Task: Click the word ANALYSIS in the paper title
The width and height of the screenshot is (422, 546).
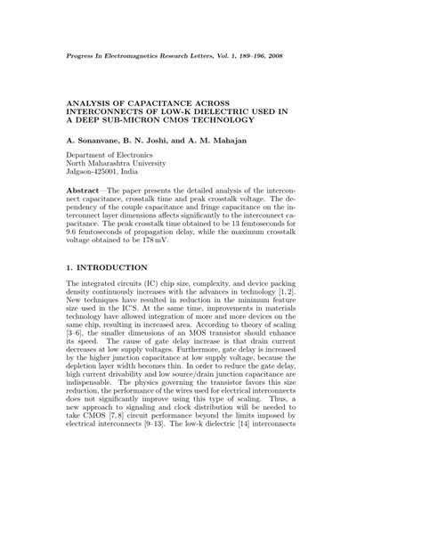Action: (96, 103)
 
